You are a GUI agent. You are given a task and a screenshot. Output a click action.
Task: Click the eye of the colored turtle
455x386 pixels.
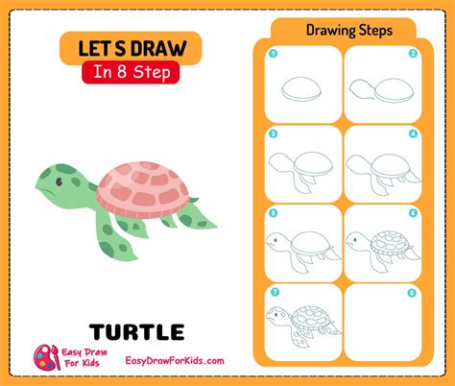[60, 181]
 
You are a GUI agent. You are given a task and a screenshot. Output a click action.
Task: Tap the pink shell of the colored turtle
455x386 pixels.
[143, 189]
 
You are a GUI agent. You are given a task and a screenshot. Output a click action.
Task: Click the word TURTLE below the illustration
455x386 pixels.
[136, 332]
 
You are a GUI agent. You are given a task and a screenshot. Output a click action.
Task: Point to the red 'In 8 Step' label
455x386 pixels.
[131, 72]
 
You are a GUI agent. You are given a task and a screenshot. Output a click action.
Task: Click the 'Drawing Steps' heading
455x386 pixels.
[349, 31]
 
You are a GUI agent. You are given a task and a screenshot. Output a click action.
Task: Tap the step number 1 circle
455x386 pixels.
[273, 54]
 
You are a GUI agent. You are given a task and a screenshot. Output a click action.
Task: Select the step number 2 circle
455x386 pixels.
[413, 54]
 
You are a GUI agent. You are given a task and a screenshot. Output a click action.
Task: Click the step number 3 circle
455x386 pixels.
[273, 133]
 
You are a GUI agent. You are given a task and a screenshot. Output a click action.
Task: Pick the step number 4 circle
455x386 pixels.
[413, 133]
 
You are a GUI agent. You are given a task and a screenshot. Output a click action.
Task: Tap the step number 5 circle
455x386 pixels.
[273, 213]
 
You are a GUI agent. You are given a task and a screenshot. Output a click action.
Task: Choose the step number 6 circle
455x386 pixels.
[413, 213]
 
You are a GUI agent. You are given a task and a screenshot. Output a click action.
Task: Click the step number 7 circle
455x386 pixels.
[275, 292]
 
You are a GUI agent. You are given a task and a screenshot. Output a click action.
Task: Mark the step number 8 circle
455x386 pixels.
[412, 293]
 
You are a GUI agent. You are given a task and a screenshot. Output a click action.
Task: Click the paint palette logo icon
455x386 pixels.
[47, 357]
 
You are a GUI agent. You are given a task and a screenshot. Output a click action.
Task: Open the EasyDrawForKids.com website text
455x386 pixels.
[175, 361]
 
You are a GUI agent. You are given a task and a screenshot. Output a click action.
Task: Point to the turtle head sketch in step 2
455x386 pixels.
[360, 87]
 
